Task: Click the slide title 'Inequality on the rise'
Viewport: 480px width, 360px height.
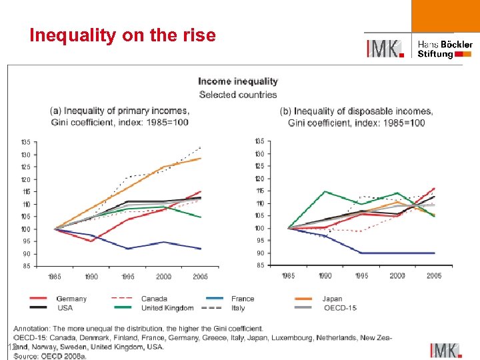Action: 123,35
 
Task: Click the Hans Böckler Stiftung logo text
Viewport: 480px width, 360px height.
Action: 445,49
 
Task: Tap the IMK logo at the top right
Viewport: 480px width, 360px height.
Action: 385,49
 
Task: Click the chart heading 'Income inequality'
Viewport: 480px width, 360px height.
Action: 238,81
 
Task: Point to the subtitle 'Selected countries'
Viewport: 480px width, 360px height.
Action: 238,95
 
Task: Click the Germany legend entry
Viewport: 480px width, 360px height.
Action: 71,299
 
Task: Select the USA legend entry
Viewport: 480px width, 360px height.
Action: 65,308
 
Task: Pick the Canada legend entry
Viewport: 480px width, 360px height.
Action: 154,299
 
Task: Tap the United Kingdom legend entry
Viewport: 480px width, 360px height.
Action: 167,308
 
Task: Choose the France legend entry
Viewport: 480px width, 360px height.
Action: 243,299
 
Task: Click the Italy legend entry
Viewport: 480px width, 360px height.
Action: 238,308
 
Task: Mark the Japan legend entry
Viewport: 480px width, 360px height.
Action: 332,299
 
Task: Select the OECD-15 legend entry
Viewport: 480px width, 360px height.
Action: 340,308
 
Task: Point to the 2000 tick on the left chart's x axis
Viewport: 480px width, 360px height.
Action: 163,277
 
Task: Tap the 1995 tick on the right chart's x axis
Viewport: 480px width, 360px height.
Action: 362,275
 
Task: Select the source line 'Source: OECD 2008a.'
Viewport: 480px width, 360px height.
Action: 50,357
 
